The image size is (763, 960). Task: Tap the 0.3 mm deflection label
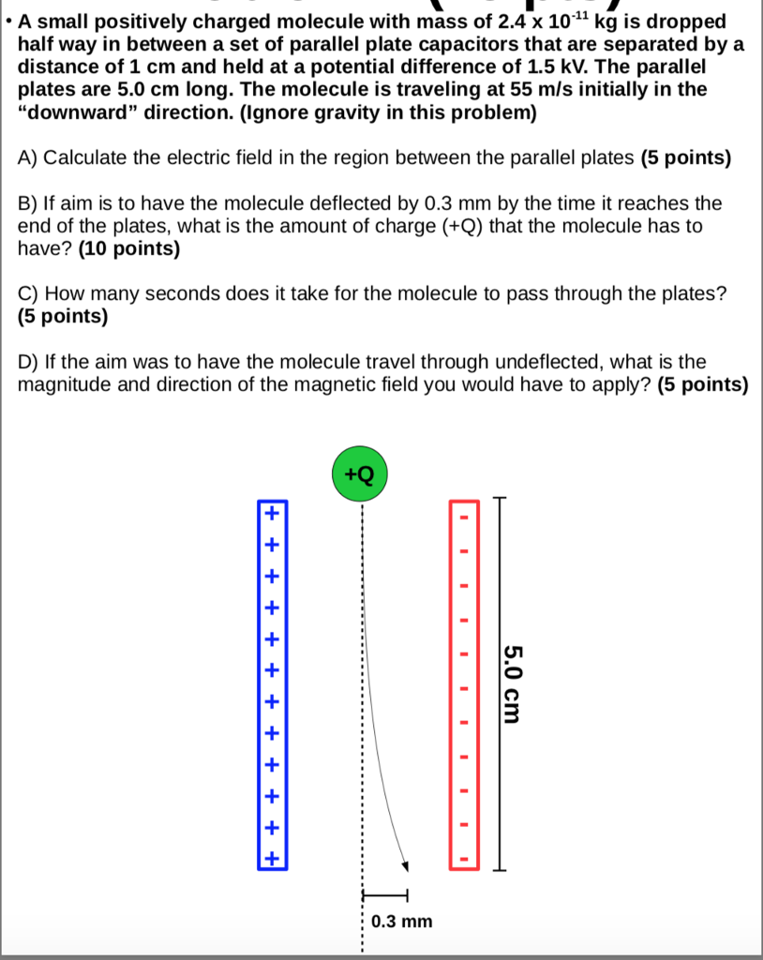coord(402,922)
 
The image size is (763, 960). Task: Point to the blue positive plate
coord(272,684)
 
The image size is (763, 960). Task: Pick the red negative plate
coord(462,684)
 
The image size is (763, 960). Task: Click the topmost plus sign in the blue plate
coord(272,513)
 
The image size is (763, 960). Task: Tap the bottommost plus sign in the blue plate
coord(272,858)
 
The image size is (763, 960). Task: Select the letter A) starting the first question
coord(27,157)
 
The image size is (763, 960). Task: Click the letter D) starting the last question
coord(28,362)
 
